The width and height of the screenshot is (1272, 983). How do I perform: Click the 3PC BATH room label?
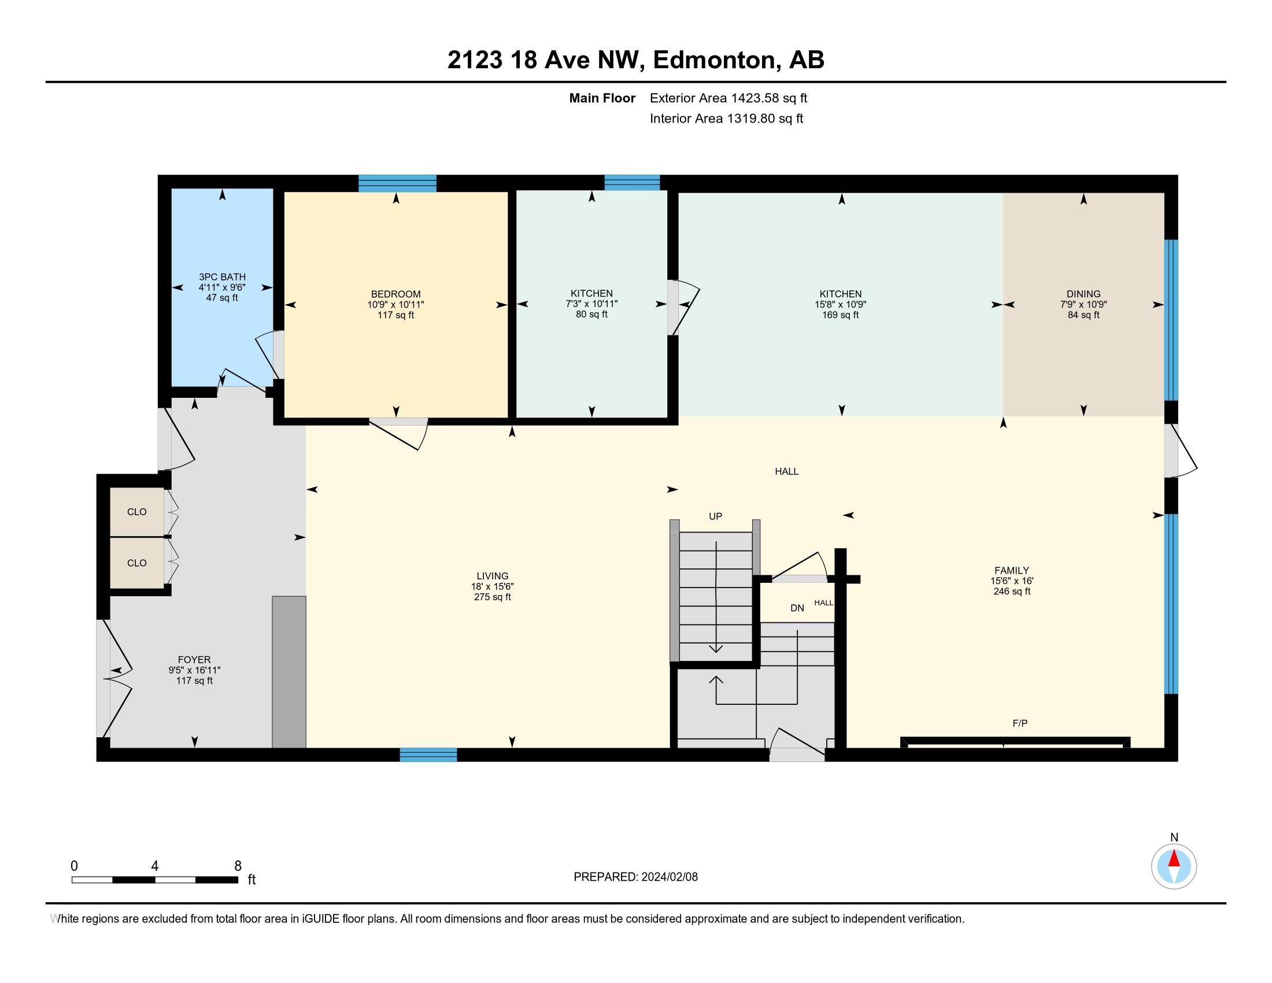click(x=222, y=277)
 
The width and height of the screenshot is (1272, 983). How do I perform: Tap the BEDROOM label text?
click(x=395, y=294)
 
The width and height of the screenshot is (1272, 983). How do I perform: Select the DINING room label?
click(x=1084, y=294)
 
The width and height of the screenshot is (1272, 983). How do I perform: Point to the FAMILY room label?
click(x=1012, y=571)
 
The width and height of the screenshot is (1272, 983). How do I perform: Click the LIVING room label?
click(x=492, y=576)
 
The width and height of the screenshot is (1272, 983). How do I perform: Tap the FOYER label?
click(x=194, y=660)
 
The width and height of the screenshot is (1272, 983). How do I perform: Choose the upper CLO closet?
click(x=137, y=512)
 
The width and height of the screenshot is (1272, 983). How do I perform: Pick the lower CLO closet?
click(x=137, y=563)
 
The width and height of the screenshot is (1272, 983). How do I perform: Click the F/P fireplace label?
click(x=1020, y=723)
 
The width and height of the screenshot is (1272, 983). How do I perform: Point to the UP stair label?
click(x=715, y=516)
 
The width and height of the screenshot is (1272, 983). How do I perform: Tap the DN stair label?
click(x=797, y=608)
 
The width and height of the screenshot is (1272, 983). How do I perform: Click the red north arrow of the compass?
click(x=1174, y=859)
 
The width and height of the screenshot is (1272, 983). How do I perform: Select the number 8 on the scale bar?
click(x=238, y=866)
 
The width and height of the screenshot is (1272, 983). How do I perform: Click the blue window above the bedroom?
click(x=397, y=183)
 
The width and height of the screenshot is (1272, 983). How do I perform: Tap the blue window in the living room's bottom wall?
click(x=428, y=755)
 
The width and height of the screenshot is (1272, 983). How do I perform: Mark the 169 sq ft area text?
click(x=841, y=315)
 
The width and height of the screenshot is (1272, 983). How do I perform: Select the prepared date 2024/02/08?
click(x=669, y=877)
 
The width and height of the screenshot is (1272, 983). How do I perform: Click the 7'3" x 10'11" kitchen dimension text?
click(x=591, y=304)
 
